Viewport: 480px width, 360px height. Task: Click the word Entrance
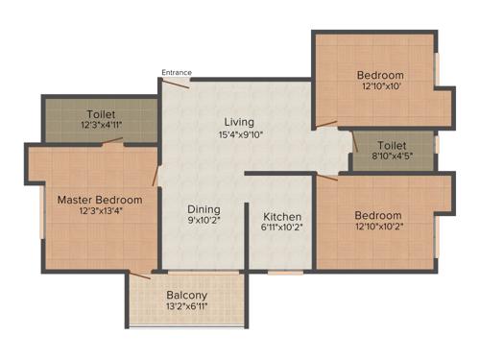[x=176, y=72]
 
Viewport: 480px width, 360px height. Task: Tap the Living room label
[x=239, y=122]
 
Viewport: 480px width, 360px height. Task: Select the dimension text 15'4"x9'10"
[x=239, y=135]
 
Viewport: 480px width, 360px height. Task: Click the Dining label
[x=204, y=208]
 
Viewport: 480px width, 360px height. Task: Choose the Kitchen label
[x=282, y=216]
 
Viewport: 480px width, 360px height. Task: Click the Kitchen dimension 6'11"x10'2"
[x=282, y=229]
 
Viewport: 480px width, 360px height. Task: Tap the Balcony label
[x=186, y=295]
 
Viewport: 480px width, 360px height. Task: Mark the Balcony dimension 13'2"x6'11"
[x=186, y=307]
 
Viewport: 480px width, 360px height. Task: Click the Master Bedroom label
[x=100, y=200]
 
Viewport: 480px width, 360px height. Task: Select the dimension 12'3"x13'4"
[x=100, y=213]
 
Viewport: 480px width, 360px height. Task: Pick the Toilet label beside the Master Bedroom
[x=101, y=114]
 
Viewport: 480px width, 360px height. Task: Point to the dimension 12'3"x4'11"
[x=101, y=127]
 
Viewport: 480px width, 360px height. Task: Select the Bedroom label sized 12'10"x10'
[x=380, y=75]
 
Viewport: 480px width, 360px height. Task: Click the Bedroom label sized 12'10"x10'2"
[x=377, y=215]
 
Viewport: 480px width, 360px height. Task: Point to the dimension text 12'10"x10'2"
[x=377, y=228]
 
